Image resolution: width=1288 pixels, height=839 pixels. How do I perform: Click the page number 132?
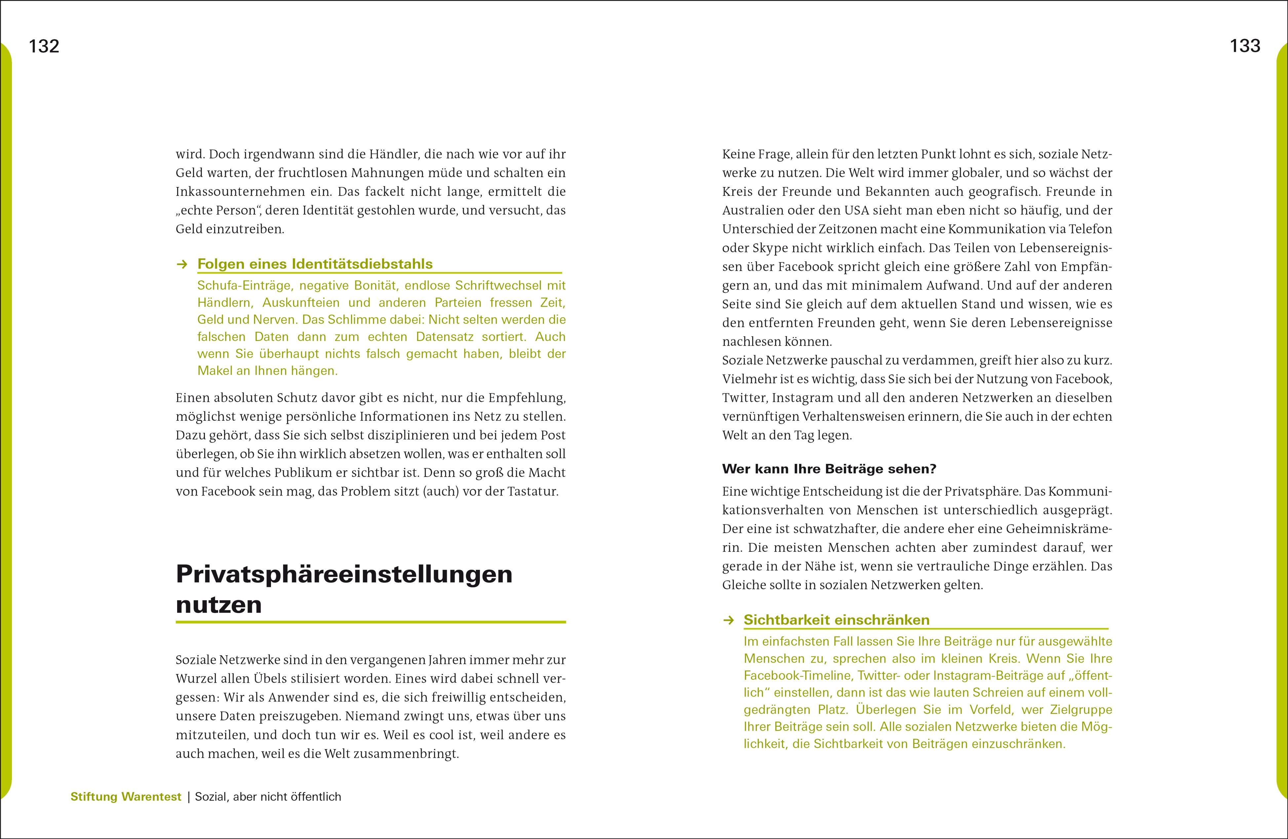pyautogui.click(x=44, y=46)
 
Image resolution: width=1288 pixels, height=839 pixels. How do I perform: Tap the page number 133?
pyautogui.click(x=1245, y=46)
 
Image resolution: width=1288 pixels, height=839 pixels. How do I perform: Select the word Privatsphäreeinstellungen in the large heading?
pyautogui.click(x=344, y=574)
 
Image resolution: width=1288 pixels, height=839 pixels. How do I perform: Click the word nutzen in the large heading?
pyautogui.click(x=219, y=604)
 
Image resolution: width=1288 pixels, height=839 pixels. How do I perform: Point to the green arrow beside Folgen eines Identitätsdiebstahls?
pyautogui.click(x=182, y=264)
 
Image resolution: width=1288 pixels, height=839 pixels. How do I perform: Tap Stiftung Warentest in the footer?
pyautogui.click(x=126, y=796)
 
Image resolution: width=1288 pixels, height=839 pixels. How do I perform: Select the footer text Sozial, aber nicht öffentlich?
pyautogui.click(x=268, y=796)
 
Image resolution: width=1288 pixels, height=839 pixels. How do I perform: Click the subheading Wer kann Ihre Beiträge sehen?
pyautogui.click(x=829, y=469)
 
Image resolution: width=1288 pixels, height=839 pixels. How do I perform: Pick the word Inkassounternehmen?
pyautogui.click(x=250, y=192)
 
